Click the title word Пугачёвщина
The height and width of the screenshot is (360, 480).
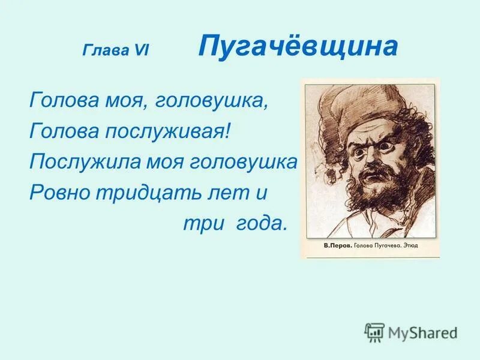coord(298,47)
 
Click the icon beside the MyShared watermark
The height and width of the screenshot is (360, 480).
coord(374,332)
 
